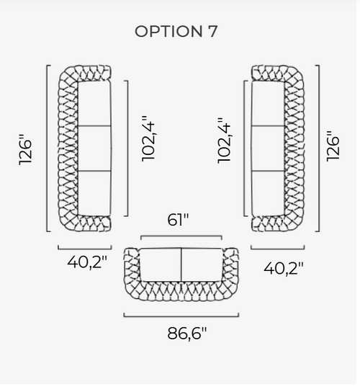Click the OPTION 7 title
pyautogui.click(x=176, y=31)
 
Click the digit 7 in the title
pyautogui.click(x=212, y=31)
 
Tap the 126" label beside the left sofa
pyautogui.click(x=25, y=150)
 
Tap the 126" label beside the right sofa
pyautogui.click(x=333, y=146)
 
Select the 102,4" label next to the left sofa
pyautogui.click(x=148, y=138)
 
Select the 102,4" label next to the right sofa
pyautogui.click(x=224, y=141)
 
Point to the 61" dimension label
pyautogui.click(x=178, y=220)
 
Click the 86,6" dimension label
pyautogui.click(x=187, y=334)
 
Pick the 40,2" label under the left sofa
pyautogui.click(x=87, y=262)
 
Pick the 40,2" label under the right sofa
pyautogui.click(x=284, y=269)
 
